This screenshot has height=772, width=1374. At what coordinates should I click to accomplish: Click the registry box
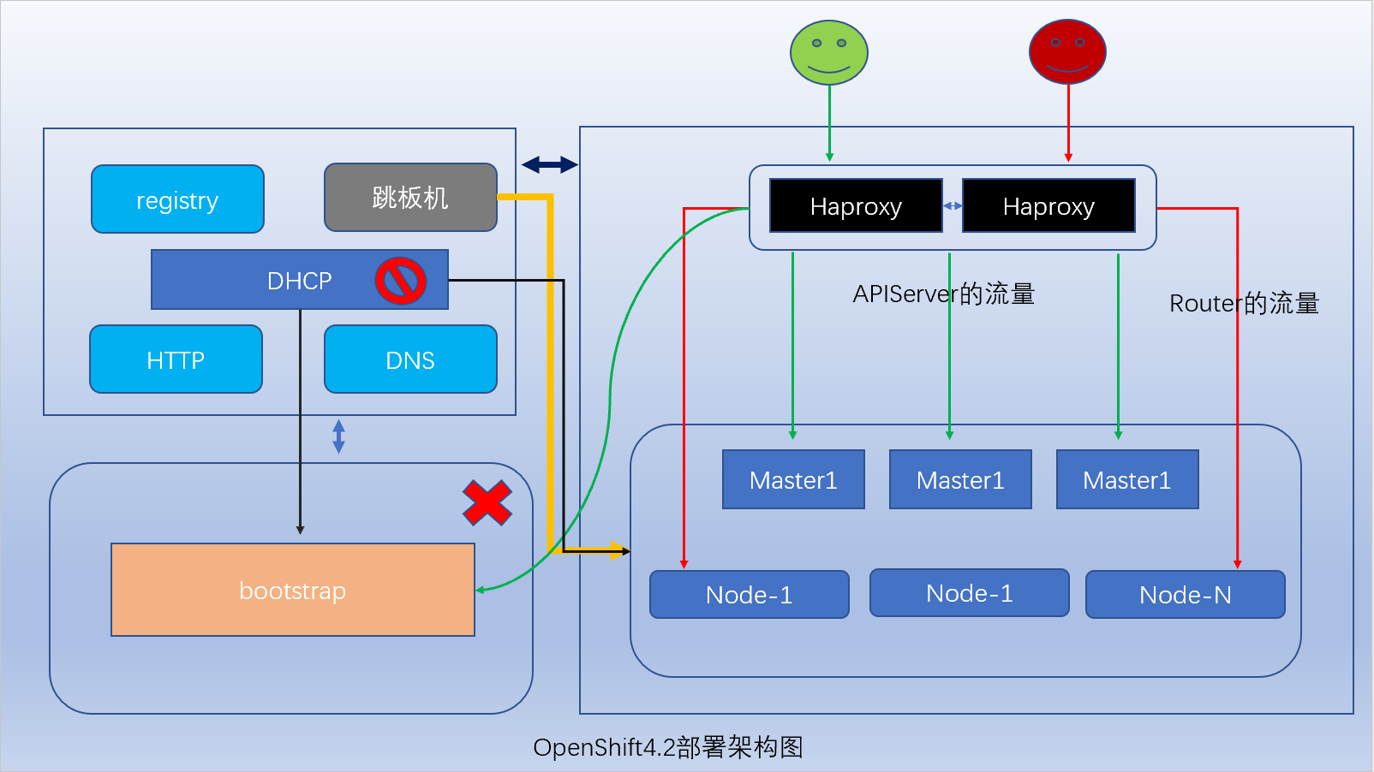coord(177,199)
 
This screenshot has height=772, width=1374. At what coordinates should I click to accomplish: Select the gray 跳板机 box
coord(410,198)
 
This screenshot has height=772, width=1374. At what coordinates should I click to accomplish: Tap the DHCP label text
coord(299,281)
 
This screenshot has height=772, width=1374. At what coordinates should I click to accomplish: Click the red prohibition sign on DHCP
coord(400,281)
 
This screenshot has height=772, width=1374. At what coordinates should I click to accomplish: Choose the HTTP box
coord(176,359)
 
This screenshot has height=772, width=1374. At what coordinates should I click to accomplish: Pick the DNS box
coord(410,359)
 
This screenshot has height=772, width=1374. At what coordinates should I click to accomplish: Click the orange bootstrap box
coord(292,590)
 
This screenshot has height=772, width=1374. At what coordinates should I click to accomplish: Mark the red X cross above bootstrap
coord(487,502)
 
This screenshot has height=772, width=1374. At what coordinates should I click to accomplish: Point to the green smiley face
coord(828,52)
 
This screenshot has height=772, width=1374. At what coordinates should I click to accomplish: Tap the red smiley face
coord(1067,52)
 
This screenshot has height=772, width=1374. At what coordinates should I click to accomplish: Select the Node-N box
coord(1185,595)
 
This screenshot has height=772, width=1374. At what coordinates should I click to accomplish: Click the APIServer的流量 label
coord(943,294)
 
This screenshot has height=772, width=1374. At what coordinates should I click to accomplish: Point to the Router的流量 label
coord(1244,303)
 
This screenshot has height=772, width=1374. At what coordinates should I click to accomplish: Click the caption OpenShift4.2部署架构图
coord(668,747)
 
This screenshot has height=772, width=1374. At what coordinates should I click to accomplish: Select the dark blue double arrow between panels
coord(549,164)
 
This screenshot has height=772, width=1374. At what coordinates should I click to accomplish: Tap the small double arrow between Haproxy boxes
coord(952,206)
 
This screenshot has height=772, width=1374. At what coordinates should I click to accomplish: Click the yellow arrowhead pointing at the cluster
coord(618,549)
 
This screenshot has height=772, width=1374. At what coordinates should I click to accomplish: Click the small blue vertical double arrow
coord(338,436)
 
